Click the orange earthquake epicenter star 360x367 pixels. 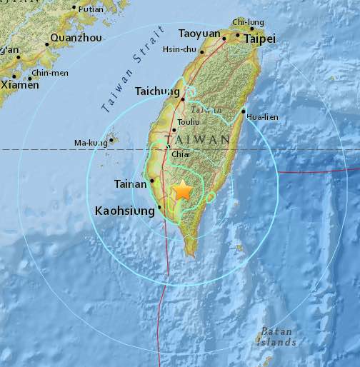(183, 191)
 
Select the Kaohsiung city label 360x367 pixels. (124, 211)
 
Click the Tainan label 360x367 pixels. (131, 185)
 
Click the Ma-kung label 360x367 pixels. (90, 143)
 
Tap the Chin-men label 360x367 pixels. (49, 72)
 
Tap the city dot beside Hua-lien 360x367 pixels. (244, 111)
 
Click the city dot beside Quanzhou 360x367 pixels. (47, 44)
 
